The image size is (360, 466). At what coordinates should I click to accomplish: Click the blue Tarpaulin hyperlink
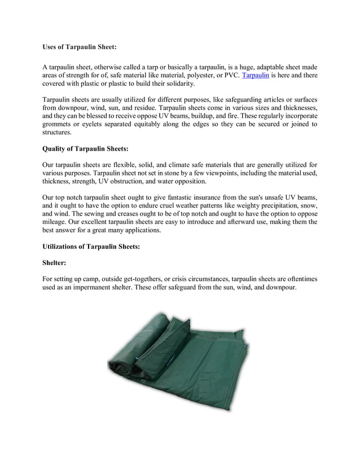(x=255, y=75)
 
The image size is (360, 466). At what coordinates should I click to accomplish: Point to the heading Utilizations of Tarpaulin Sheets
(x=91, y=247)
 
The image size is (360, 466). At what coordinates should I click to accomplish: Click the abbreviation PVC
(x=228, y=75)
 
